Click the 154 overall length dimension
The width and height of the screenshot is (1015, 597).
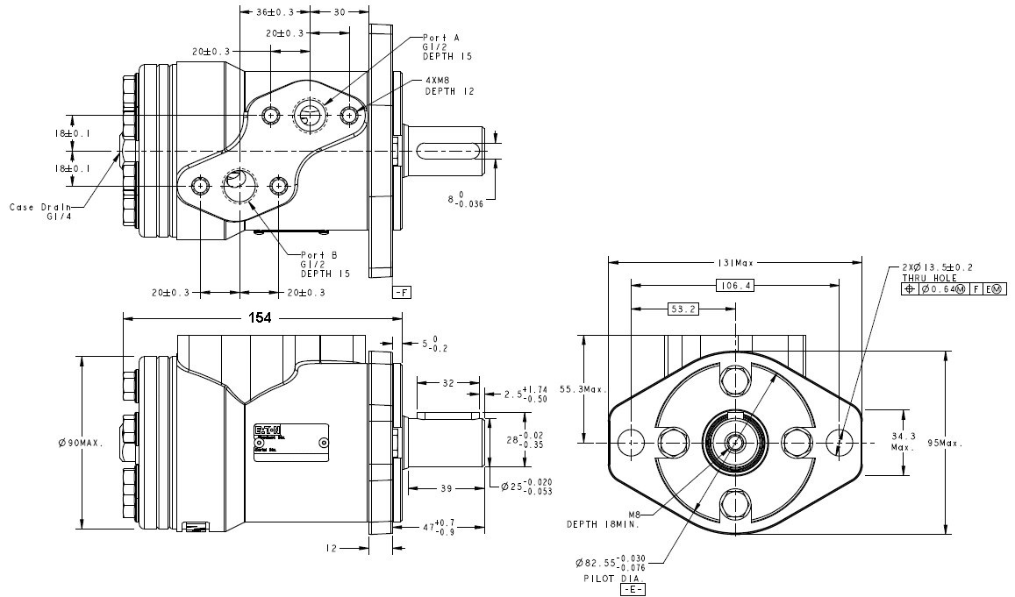(x=261, y=319)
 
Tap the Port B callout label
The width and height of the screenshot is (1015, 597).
(x=325, y=264)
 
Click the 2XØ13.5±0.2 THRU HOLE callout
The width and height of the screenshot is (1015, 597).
(x=942, y=272)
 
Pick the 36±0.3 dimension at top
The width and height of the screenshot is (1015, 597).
(x=275, y=12)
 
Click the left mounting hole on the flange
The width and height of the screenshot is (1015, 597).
(x=630, y=443)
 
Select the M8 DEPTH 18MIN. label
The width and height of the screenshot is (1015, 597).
(x=602, y=520)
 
